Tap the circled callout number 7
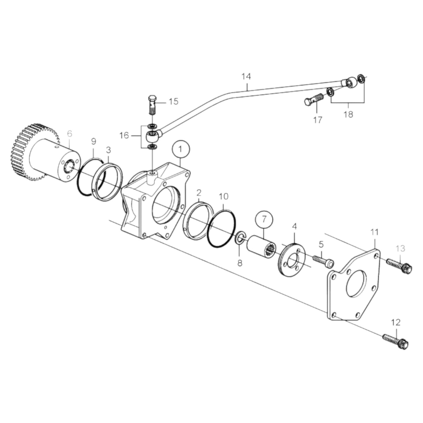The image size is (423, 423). [x=264, y=219]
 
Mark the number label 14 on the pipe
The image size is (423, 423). [x=246, y=77]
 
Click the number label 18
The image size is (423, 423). [x=348, y=114]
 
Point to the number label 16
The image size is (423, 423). [x=124, y=136]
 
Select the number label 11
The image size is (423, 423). [x=374, y=232]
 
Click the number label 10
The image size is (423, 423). [x=223, y=196]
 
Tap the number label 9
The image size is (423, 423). [x=93, y=142]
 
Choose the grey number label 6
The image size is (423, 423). [x=69, y=134]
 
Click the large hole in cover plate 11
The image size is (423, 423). [x=356, y=283]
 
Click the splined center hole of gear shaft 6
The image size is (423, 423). [x=69, y=166]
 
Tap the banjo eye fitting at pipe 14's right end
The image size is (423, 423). [x=349, y=82]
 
